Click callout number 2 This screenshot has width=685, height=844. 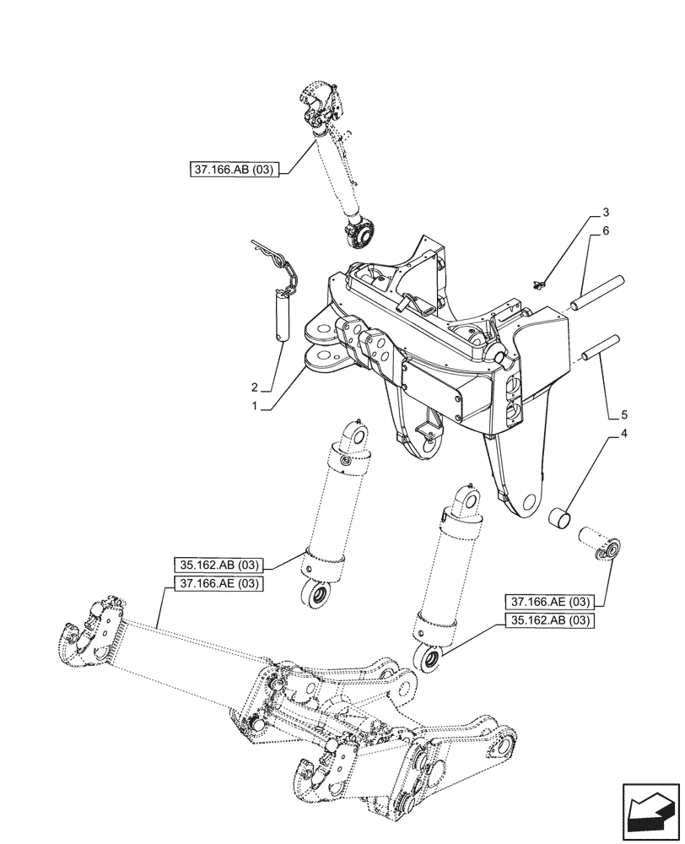click(252, 387)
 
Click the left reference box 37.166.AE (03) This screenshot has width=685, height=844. click(218, 584)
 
